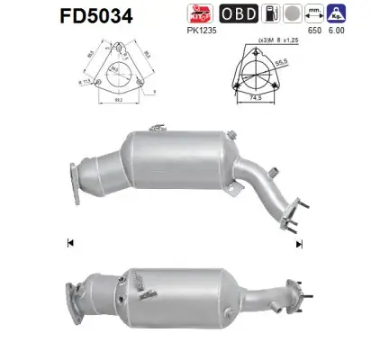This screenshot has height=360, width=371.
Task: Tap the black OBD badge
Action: (x=240, y=13)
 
